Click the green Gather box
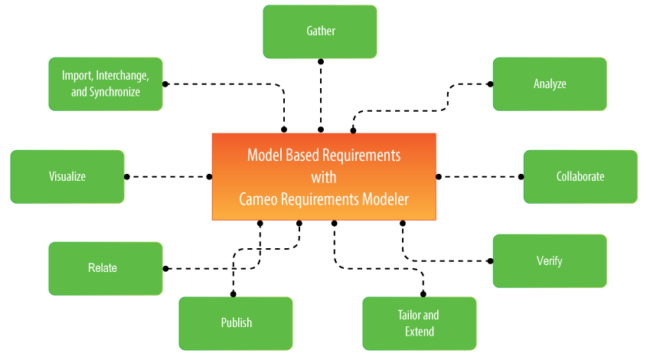(x=320, y=31)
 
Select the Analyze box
(x=550, y=83)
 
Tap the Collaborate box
(x=580, y=176)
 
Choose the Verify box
(x=549, y=260)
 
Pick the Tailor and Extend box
(x=419, y=323)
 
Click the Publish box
(x=236, y=322)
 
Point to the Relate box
(x=106, y=268)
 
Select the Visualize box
(x=67, y=176)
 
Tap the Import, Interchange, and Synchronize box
(x=106, y=83)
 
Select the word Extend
(x=419, y=332)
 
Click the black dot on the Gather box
(x=320, y=61)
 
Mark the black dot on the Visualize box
(x=126, y=176)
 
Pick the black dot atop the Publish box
(x=233, y=294)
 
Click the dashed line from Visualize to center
(x=168, y=176)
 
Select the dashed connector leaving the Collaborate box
(x=480, y=176)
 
